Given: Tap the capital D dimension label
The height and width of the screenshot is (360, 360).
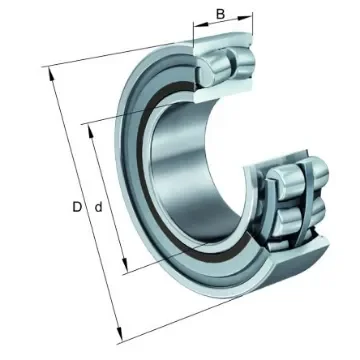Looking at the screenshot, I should click(77, 207).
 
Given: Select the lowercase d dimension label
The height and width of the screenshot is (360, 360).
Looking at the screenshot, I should click(97, 207).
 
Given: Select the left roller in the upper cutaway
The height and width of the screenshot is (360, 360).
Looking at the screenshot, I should click(213, 69).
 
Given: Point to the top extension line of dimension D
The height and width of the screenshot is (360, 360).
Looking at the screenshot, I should click(120, 56).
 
